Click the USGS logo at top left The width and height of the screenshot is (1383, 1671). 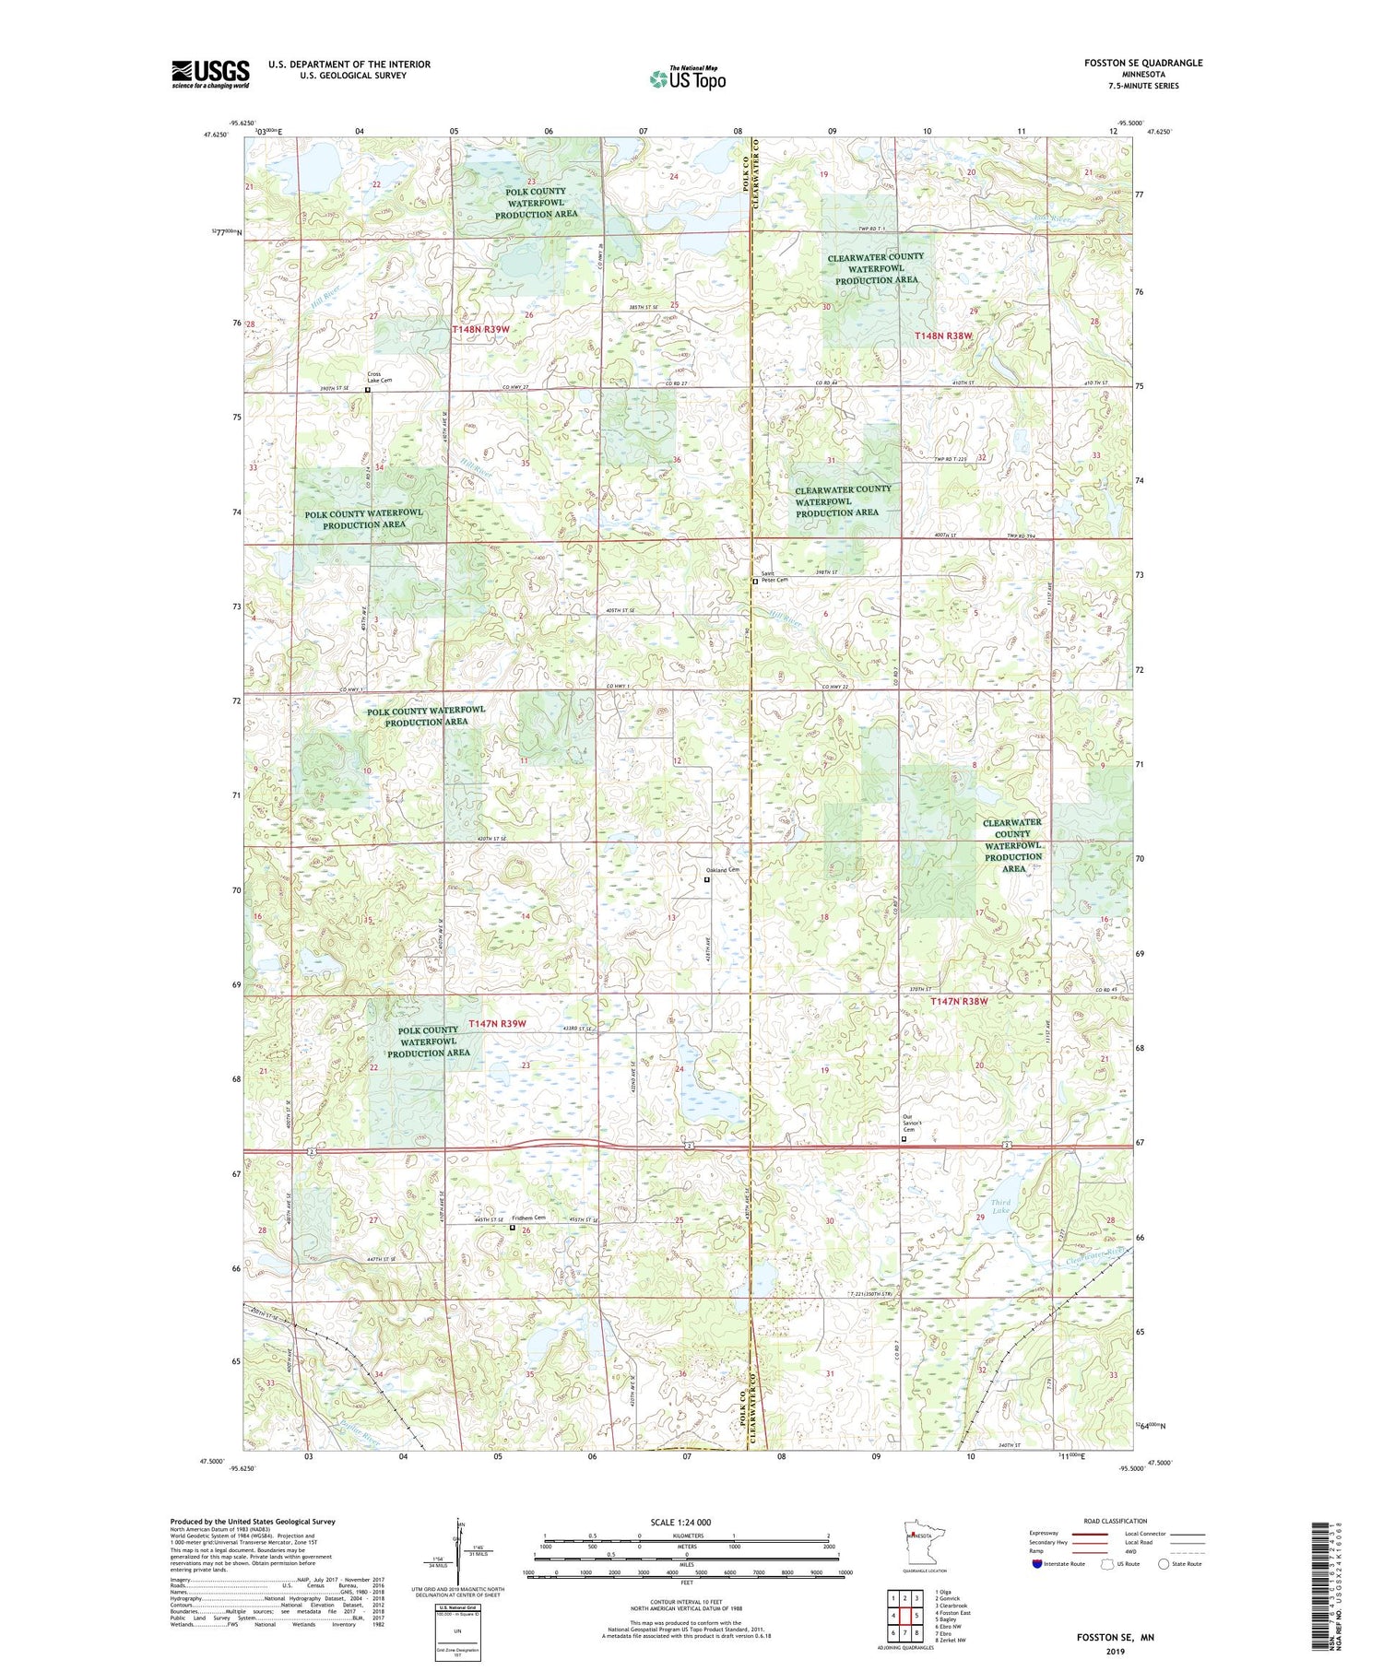[x=210, y=74]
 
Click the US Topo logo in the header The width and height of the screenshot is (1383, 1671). [x=687, y=78]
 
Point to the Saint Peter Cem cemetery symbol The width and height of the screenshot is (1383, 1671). [x=755, y=582]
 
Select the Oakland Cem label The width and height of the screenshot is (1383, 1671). [x=723, y=869]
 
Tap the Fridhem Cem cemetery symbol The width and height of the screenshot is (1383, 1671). [x=514, y=1227]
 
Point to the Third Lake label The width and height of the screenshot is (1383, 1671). [x=1000, y=1206]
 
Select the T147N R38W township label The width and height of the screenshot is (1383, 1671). [x=959, y=1001]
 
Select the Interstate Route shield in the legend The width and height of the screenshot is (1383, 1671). [x=1037, y=1563]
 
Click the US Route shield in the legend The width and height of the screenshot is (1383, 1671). [x=1106, y=1563]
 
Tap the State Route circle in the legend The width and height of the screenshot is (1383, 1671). [x=1164, y=1563]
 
